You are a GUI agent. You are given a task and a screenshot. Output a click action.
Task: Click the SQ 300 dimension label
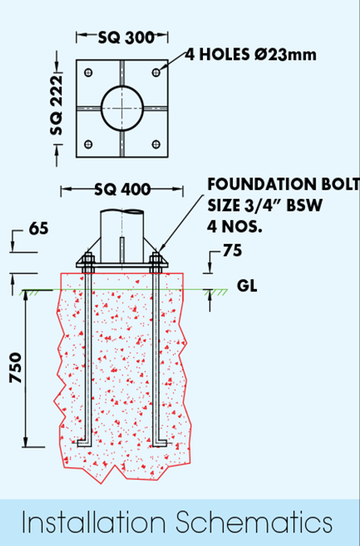[x=126, y=37]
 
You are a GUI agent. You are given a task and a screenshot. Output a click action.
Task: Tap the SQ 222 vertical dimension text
[x=56, y=105]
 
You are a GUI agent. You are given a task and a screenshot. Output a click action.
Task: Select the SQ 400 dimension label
[x=122, y=189]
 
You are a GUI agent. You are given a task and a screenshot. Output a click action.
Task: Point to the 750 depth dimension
[x=15, y=368]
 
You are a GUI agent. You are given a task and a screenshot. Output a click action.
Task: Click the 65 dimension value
[x=39, y=229]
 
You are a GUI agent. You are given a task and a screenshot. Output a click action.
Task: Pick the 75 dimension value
[x=232, y=250]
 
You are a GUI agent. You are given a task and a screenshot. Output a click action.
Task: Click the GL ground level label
[x=247, y=286]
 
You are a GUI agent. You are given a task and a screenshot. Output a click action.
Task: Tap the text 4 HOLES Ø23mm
[x=250, y=55]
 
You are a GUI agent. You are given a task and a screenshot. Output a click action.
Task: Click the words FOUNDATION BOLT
[x=283, y=184]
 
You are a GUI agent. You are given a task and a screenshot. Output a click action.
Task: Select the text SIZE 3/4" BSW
[x=265, y=205]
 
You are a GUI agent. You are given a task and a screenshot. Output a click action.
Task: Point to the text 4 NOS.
[x=234, y=227]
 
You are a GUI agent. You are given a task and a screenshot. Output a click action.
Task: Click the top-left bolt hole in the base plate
[x=89, y=72]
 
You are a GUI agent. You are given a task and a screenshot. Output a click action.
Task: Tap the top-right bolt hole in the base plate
[x=156, y=72]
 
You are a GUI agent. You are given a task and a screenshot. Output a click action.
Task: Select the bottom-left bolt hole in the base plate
[x=89, y=144]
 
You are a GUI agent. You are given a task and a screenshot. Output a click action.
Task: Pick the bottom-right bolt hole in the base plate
[x=156, y=144]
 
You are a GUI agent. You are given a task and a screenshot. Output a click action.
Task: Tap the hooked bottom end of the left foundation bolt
[x=84, y=443]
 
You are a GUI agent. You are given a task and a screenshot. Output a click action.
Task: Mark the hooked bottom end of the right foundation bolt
[x=160, y=443]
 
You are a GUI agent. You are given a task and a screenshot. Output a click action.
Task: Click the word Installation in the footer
[x=94, y=523]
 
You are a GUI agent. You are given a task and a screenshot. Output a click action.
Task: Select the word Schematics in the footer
[x=254, y=523]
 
